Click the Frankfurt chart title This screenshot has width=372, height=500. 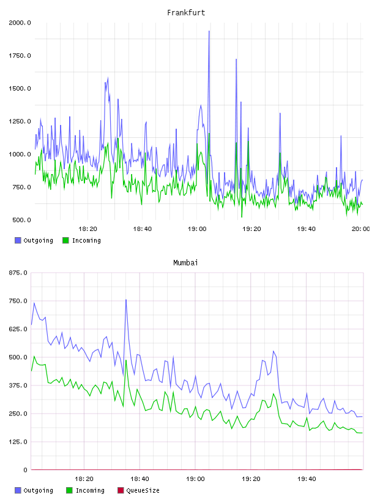186,13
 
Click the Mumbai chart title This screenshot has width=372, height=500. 185,263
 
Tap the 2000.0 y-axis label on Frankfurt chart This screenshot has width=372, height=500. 20,23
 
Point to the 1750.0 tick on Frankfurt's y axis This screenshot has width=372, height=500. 20,56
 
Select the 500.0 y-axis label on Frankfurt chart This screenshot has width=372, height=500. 21,220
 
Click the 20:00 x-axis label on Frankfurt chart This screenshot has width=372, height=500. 360,229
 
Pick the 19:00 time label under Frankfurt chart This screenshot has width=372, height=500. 197,229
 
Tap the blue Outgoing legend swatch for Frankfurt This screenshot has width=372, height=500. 18,240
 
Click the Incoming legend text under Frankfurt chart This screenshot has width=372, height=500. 86,240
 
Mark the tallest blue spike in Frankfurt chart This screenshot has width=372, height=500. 209,31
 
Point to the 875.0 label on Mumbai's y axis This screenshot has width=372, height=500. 18,273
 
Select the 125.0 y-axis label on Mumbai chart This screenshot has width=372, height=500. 18,442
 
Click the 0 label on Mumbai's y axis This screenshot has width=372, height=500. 26,470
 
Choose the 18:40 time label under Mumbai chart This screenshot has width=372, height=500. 139,479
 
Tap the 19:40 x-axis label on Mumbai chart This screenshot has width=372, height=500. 307,479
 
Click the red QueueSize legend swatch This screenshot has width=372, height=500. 121,490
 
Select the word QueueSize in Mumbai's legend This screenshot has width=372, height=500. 143,490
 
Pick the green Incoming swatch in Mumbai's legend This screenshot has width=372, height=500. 69,490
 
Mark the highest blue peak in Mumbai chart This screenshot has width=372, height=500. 126,300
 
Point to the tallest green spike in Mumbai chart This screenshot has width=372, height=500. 34,357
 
